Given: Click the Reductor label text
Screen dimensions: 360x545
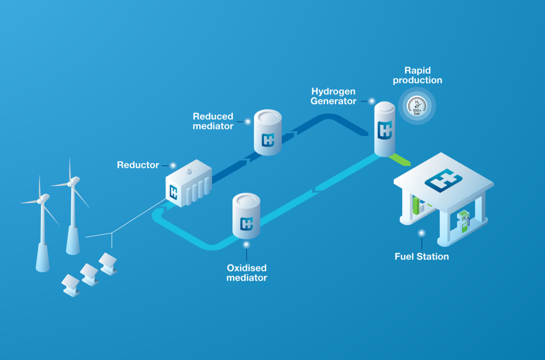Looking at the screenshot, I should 138,165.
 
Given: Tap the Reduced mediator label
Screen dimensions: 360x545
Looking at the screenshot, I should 213,121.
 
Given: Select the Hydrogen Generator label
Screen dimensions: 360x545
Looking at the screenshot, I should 334,95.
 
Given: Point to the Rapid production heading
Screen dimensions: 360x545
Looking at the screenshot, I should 423,75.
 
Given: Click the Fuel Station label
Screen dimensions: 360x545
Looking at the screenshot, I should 421,256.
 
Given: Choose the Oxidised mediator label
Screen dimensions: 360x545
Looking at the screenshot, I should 247,273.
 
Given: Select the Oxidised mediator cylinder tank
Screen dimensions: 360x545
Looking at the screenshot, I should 246,216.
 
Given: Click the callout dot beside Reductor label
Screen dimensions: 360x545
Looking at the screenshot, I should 173,165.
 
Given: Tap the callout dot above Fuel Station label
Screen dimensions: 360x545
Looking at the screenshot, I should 421,233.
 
